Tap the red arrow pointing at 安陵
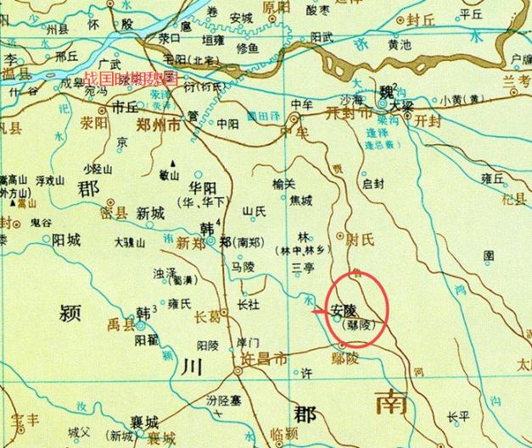(x=319, y=313)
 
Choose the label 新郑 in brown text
(x=191, y=243)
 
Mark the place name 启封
(x=373, y=183)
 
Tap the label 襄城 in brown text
(x=140, y=422)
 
